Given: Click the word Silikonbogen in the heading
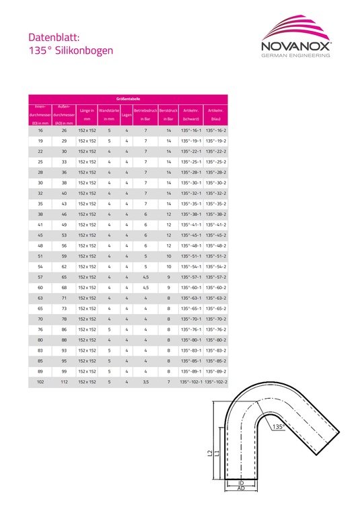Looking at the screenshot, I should [x=81, y=50].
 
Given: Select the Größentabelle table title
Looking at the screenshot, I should [x=128, y=99].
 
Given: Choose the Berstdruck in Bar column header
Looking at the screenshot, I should [x=168, y=114].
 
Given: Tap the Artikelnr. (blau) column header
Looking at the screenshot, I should [x=216, y=114].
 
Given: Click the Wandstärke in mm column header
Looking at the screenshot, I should [x=109, y=114].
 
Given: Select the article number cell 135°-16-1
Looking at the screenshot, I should [x=191, y=130].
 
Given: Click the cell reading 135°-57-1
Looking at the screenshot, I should [x=191, y=277].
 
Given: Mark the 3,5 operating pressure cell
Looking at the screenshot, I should [x=145, y=382].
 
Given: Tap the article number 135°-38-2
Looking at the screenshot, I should [x=216, y=214].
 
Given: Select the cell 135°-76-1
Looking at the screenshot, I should [x=191, y=329].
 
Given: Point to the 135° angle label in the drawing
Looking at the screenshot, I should [x=279, y=426].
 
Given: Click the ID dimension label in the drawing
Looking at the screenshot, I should [x=240, y=483].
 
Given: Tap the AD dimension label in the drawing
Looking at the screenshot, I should [x=240, y=490].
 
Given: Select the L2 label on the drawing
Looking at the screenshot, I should [x=209, y=455].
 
